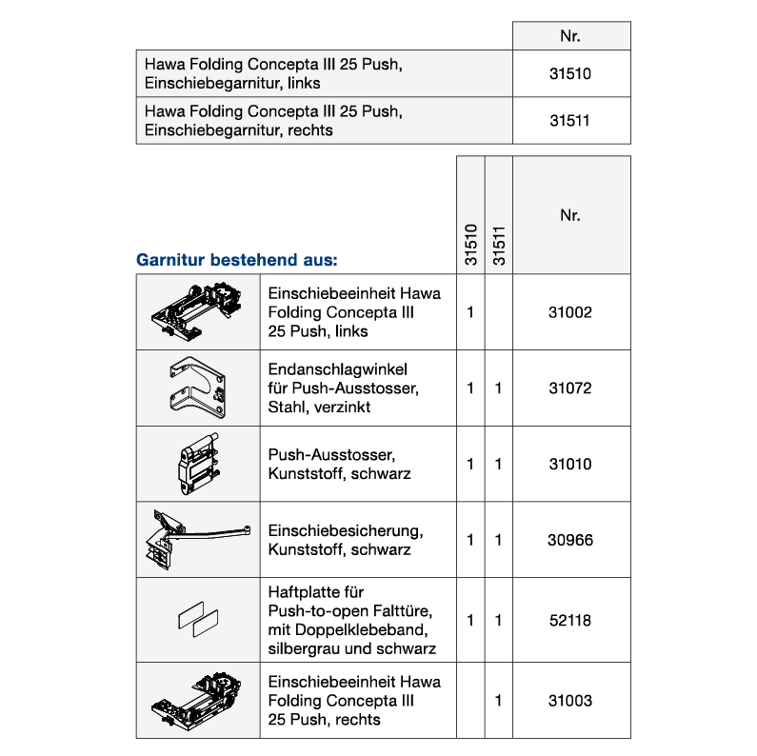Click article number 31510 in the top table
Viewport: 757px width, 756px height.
(x=570, y=73)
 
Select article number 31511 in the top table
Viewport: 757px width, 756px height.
(x=570, y=121)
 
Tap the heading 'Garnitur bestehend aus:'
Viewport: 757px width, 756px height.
(x=237, y=259)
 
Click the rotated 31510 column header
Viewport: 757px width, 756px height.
(x=470, y=245)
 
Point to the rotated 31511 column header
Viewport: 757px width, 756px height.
(x=498, y=245)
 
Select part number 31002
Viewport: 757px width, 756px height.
(x=570, y=312)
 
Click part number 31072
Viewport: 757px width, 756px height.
(x=570, y=388)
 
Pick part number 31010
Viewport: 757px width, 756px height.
(x=570, y=465)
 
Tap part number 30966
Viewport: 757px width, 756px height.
(x=570, y=540)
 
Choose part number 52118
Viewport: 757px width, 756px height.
(x=570, y=620)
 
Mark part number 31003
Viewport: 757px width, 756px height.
(x=570, y=701)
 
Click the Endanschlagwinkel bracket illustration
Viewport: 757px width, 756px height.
(x=198, y=388)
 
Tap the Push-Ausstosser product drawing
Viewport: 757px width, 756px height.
(x=198, y=463)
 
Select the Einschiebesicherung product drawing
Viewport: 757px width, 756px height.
(x=195, y=540)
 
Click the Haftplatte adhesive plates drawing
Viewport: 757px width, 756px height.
(x=198, y=620)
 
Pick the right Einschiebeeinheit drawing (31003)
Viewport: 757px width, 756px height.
(x=198, y=701)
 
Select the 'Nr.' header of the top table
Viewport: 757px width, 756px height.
(x=570, y=36)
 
